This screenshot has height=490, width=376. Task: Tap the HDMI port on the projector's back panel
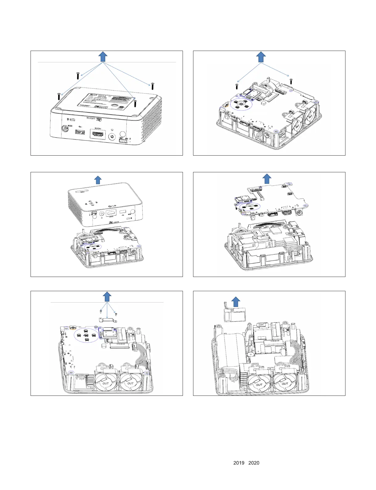[97, 134]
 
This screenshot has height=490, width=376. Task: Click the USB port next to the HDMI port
[80, 132]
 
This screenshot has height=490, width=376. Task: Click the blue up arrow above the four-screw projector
[103, 57]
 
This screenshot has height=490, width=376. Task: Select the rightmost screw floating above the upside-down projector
[152, 86]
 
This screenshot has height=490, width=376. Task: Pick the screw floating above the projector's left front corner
[59, 96]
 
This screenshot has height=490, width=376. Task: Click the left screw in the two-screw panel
[237, 86]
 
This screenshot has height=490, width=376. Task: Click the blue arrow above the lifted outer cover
[98, 180]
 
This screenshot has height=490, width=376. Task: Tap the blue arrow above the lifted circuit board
[267, 179]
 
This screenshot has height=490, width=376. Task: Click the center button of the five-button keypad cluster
[86, 335]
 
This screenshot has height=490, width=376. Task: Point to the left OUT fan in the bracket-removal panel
[105, 383]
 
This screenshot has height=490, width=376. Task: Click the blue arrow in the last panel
[236, 301]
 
